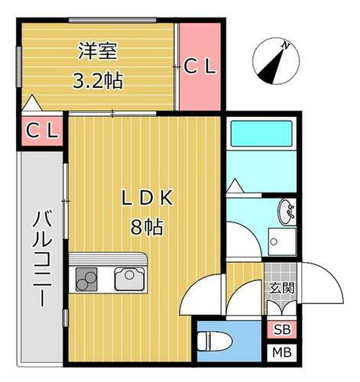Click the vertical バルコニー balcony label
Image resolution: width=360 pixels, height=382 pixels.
(41, 258)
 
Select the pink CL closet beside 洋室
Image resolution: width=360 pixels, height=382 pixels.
(200, 66)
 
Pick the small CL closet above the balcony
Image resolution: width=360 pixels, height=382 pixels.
(42, 131)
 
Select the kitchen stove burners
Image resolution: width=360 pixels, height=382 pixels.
(86, 280)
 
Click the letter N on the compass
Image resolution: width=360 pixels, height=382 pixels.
(285, 46)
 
